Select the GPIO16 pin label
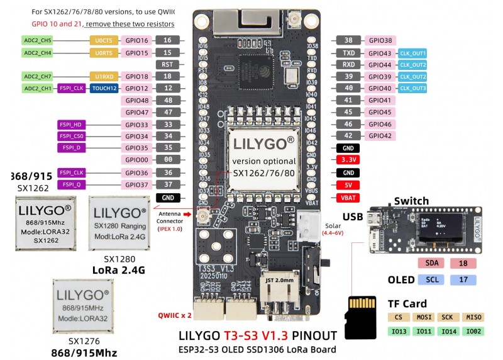click(x=136, y=40)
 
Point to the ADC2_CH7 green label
click(x=38, y=76)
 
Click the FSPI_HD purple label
click(x=71, y=124)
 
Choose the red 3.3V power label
click(x=348, y=160)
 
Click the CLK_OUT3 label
click(x=412, y=89)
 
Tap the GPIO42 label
click(x=380, y=136)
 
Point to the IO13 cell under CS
click(x=397, y=330)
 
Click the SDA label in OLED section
click(x=431, y=262)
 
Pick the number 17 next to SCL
click(x=463, y=279)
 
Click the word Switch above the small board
click(x=411, y=201)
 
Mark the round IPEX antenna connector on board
click(x=204, y=218)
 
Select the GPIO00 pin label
click(x=136, y=160)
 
